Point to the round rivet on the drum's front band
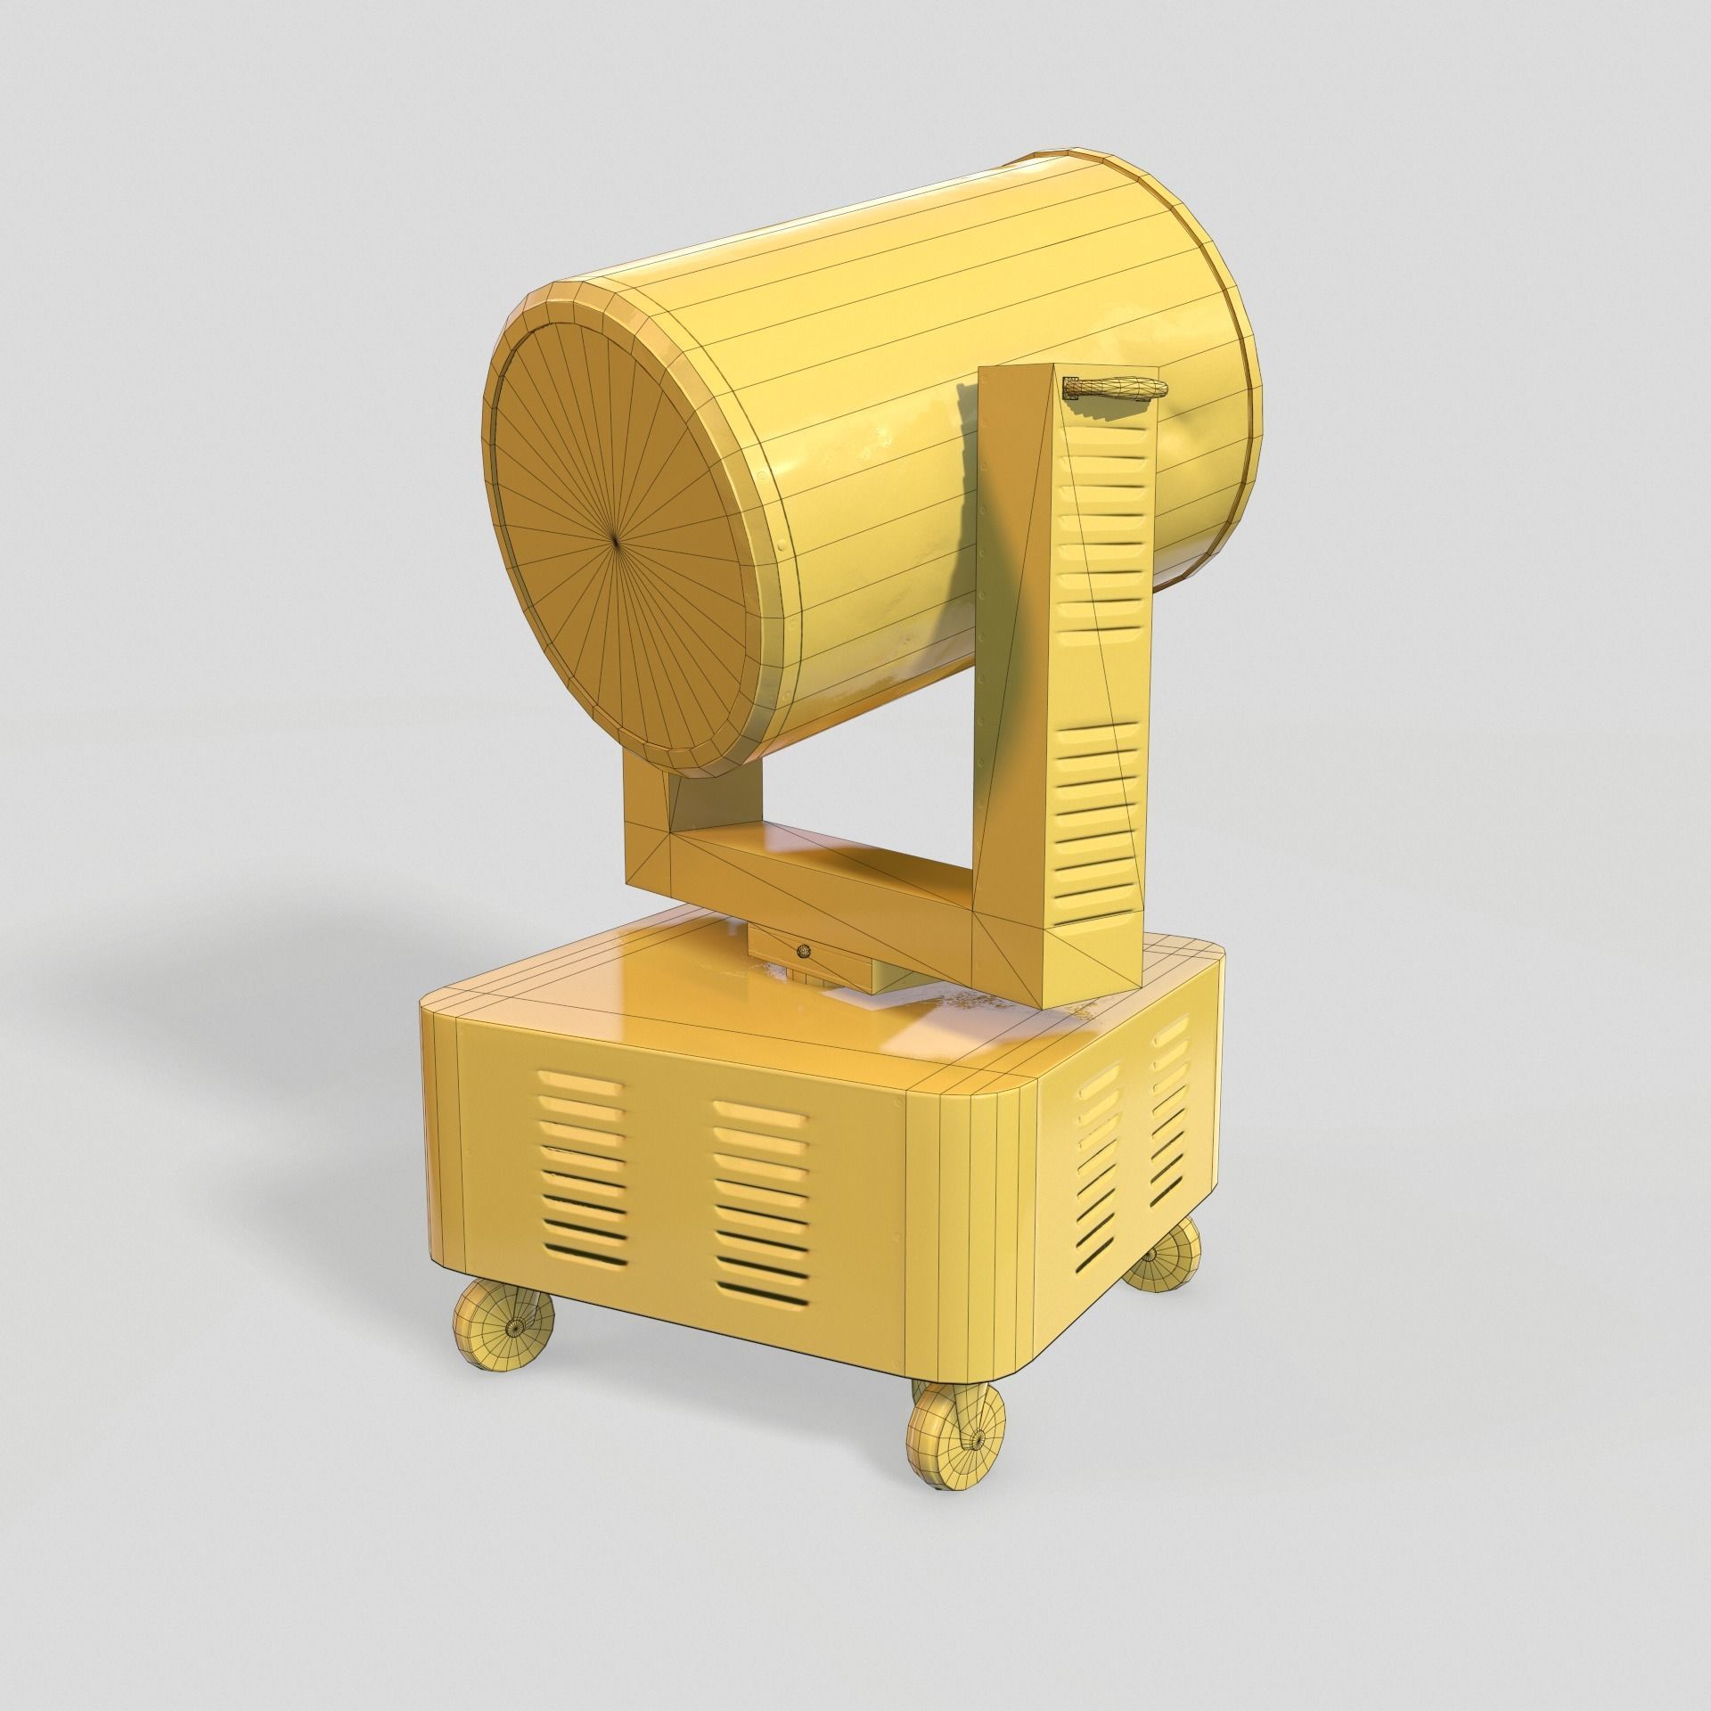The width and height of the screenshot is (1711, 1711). [x=782, y=540]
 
